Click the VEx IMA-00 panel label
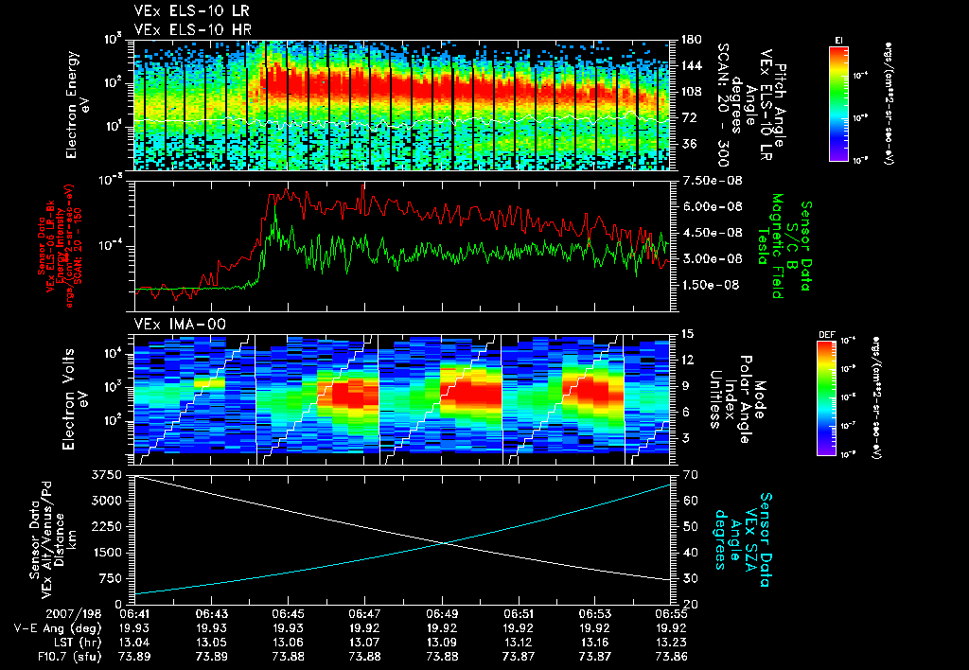[x=171, y=324]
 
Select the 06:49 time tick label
[x=443, y=613]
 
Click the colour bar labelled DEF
[x=825, y=396]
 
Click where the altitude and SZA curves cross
[x=444, y=542]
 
